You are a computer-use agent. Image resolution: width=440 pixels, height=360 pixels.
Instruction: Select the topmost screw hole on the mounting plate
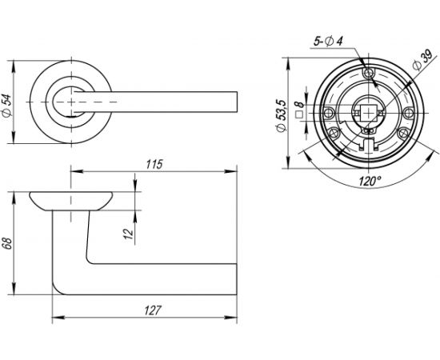click(368, 74)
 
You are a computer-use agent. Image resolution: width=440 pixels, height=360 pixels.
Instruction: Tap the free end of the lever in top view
click(237, 102)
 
